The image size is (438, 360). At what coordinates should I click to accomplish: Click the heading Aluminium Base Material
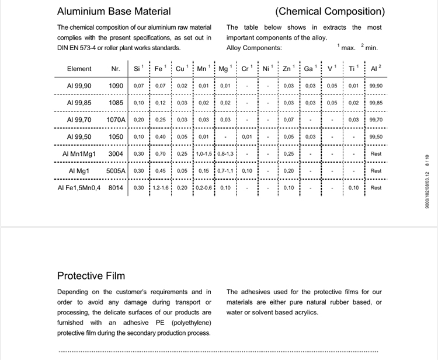point(114,11)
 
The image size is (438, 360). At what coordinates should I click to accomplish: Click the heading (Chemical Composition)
point(329,11)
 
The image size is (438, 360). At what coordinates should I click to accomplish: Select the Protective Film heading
point(91,275)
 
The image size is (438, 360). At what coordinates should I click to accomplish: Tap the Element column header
point(79,69)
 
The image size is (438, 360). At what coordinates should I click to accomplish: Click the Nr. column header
point(116,69)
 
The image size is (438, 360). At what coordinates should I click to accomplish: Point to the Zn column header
point(287,69)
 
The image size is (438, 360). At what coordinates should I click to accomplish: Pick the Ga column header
point(308,69)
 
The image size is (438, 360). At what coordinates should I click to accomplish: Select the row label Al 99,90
point(79,86)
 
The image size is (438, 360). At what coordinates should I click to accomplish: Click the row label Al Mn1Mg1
point(79,154)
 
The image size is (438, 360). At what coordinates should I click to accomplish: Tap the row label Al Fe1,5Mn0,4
point(79,188)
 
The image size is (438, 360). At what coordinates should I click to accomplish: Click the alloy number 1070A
point(116,120)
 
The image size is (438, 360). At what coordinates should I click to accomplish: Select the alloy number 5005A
point(116,171)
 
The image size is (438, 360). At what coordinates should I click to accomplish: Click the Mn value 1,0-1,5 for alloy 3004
point(204,154)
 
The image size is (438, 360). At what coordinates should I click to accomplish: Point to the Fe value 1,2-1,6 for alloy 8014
point(161,188)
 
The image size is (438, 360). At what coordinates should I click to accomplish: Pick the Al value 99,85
point(376,103)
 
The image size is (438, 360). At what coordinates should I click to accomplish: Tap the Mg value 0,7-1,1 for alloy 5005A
point(225,171)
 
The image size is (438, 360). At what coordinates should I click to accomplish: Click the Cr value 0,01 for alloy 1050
point(247,137)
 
